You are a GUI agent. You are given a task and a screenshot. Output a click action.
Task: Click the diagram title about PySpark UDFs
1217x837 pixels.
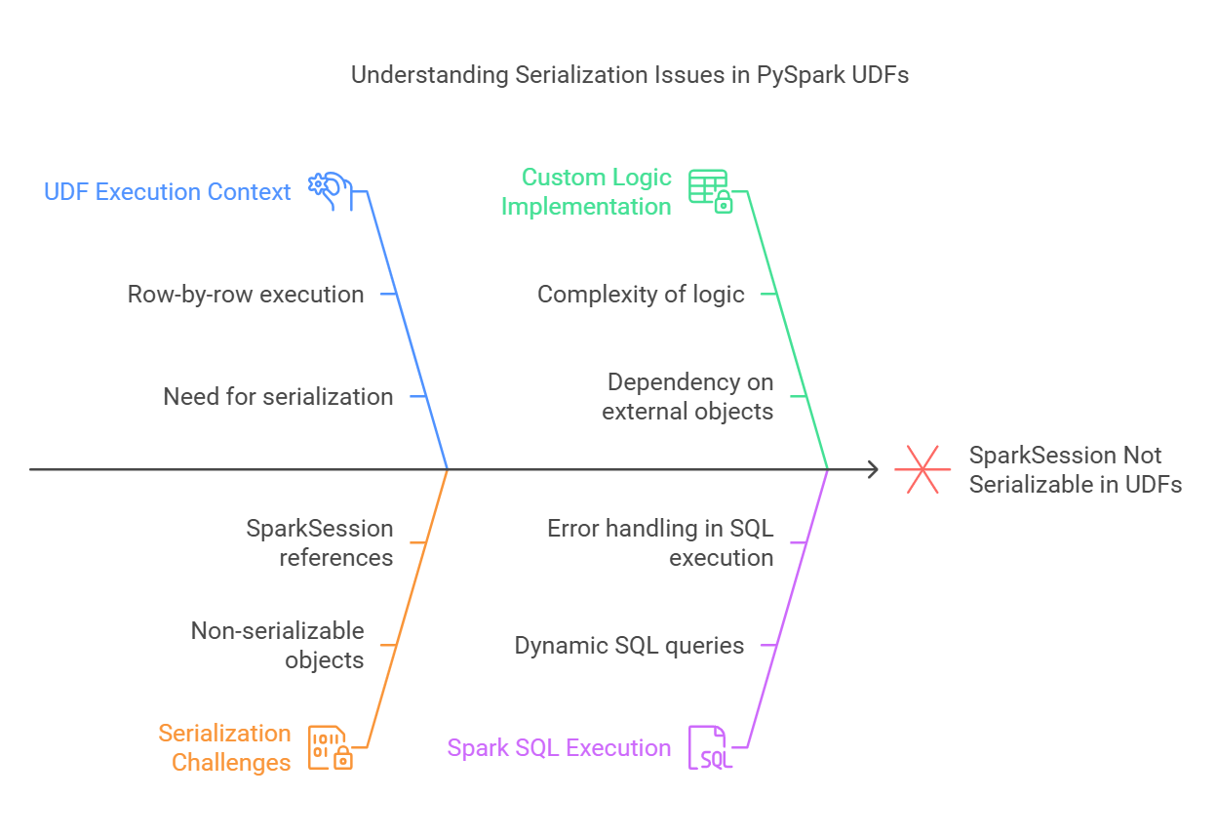click(629, 75)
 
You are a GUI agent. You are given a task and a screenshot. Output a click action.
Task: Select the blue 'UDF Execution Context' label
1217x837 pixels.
click(168, 192)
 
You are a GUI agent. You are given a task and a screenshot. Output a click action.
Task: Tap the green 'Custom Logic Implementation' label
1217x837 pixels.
click(586, 191)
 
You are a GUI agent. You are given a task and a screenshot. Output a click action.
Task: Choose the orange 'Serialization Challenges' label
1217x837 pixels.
click(225, 747)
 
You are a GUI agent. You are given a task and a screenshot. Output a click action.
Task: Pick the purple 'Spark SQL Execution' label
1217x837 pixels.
click(559, 748)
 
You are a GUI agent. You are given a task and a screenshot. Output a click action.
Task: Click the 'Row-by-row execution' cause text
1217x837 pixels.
click(246, 294)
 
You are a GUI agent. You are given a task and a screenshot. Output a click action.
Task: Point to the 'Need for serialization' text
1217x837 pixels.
click(278, 396)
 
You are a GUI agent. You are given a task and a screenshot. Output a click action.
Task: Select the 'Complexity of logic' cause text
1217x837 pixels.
click(641, 294)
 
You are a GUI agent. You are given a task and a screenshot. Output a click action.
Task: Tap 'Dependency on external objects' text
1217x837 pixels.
click(688, 396)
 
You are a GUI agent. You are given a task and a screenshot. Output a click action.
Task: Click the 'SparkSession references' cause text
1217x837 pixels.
click(320, 542)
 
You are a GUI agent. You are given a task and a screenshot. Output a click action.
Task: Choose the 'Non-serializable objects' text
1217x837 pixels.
click(278, 645)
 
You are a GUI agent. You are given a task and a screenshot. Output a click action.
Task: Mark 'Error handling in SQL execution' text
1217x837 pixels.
click(660, 542)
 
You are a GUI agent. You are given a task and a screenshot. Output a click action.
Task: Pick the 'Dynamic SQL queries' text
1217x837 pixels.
click(629, 645)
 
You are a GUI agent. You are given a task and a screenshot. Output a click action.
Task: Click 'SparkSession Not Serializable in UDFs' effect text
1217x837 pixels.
click(1075, 469)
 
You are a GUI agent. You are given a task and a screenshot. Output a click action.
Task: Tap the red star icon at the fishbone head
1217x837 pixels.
click(923, 469)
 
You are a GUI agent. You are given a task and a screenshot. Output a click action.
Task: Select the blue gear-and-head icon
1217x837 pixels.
click(329, 190)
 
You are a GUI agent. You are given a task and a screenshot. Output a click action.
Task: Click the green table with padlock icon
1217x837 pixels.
click(710, 191)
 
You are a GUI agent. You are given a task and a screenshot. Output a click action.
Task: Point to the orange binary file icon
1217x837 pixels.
click(330, 748)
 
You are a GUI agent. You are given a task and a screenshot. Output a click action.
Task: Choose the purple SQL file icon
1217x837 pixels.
click(710, 748)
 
